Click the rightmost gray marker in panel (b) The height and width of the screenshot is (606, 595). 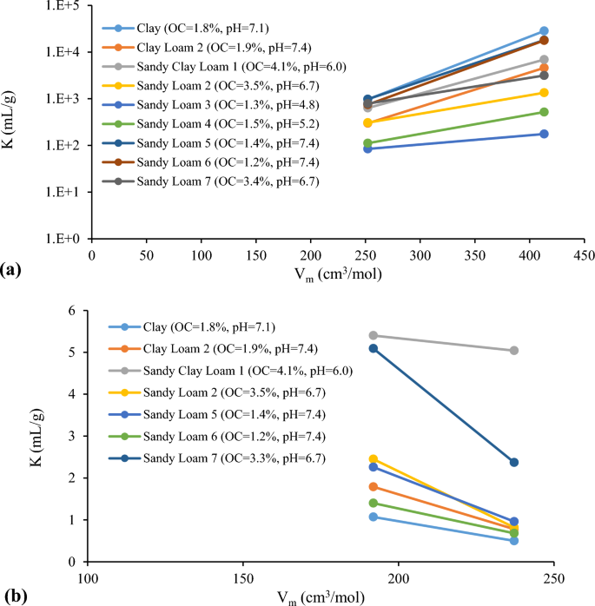pos(514,351)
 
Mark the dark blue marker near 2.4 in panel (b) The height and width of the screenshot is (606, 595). pos(514,462)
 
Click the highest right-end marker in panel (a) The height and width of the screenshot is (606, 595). pos(544,31)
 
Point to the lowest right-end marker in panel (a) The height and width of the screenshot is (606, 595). pos(544,134)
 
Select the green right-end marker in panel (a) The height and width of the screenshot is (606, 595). pos(544,112)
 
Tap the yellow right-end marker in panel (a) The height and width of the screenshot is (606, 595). pos(544,92)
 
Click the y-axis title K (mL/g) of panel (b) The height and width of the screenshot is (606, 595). pos(11,436)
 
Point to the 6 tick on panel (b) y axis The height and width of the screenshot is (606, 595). pos(75,311)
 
